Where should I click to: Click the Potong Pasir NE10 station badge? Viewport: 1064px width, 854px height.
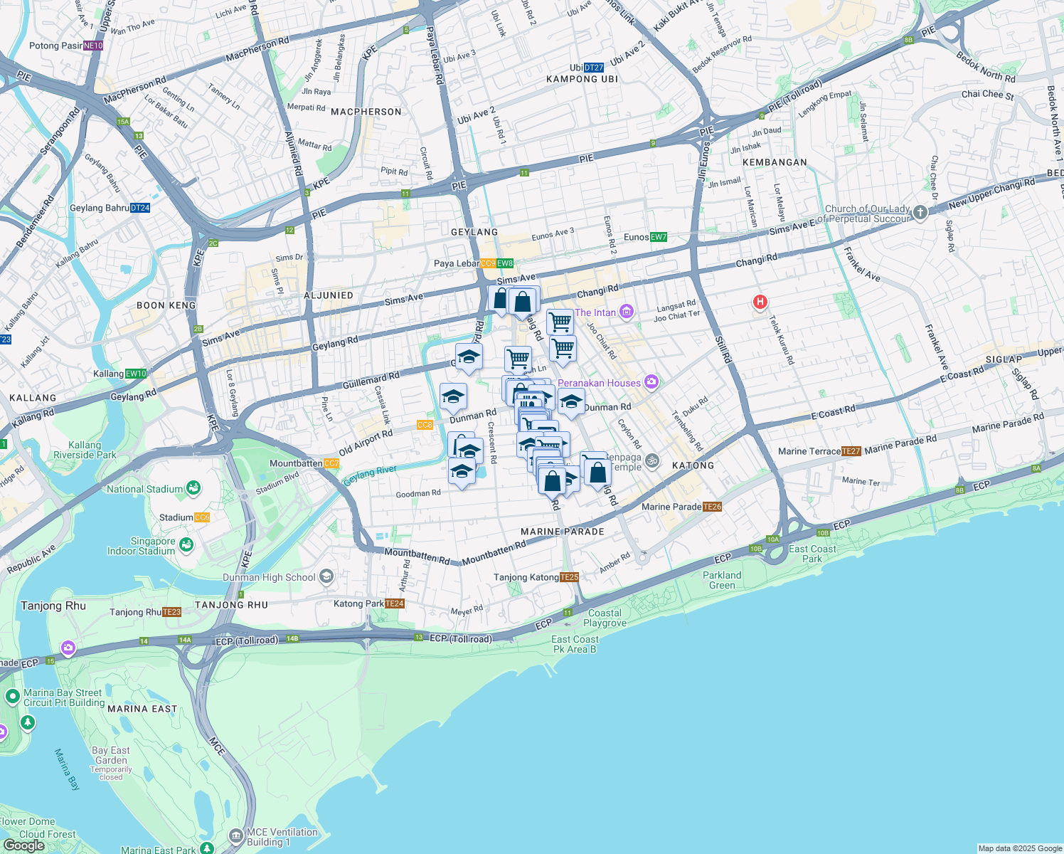tap(93, 46)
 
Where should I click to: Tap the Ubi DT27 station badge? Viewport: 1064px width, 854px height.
tap(594, 68)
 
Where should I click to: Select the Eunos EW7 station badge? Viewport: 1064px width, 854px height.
tap(659, 237)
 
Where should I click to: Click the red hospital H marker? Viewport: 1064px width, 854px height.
tap(760, 302)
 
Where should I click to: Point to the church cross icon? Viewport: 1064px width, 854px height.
tap(920, 213)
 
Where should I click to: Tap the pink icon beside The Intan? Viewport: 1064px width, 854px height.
tap(626, 312)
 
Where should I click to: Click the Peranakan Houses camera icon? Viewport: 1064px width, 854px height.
tap(651, 382)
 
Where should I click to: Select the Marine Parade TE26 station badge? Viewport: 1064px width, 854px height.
tap(712, 507)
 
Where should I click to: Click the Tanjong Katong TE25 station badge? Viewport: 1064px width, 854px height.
tap(569, 577)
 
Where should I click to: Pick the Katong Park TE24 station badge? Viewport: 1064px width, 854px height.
tap(395, 603)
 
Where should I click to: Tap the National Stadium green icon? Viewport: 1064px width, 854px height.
tap(193, 488)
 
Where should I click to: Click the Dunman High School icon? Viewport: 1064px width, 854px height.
tap(326, 576)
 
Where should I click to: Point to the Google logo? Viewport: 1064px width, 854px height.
tap(23, 845)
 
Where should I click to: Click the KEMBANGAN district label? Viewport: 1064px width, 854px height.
tap(775, 162)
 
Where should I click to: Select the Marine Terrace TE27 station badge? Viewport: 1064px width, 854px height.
tap(851, 451)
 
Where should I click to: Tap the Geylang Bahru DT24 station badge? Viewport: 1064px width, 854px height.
tap(140, 208)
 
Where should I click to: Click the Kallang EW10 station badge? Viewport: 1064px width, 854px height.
tap(136, 374)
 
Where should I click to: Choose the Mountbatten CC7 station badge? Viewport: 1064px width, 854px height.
tap(331, 463)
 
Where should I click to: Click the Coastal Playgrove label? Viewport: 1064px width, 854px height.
tap(605, 618)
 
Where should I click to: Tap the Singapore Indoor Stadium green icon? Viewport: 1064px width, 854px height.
tap(186, 545)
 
